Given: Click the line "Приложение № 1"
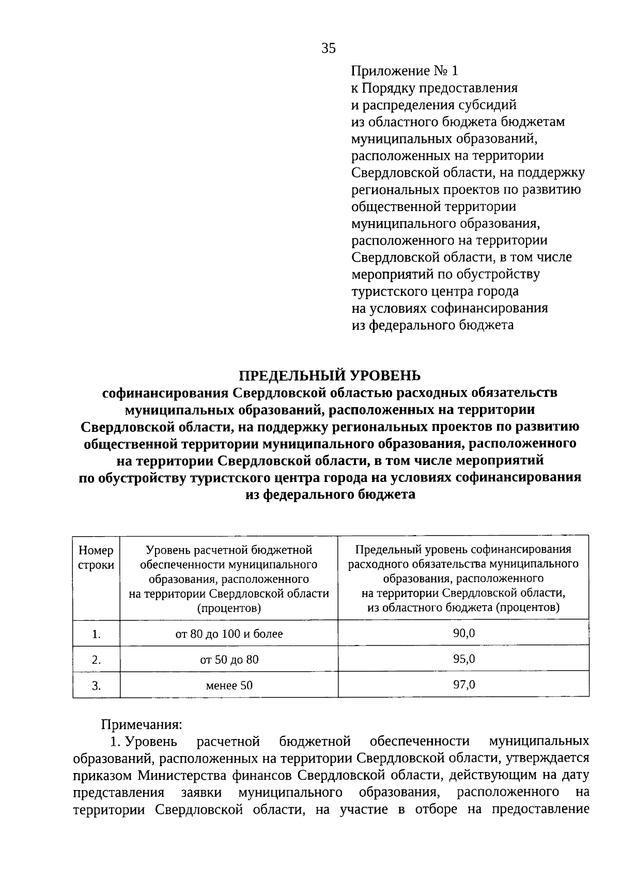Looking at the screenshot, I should (404, 71).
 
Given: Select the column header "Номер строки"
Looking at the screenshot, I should (96, 558).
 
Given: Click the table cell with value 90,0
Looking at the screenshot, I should (463, 633).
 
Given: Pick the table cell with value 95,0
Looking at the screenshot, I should (463, 659).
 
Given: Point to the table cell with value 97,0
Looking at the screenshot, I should (463, 685).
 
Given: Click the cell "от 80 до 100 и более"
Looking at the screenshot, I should (229, 634).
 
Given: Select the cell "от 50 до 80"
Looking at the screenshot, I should (229, 659).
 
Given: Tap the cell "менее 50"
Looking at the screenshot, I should (229, 685).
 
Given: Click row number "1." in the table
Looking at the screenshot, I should (96, 634).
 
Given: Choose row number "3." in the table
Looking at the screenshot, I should (96, 686).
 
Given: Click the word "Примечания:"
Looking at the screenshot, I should (141, 725).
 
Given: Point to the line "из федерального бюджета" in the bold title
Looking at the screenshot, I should (330, 494).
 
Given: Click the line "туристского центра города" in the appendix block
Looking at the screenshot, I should (435, 292).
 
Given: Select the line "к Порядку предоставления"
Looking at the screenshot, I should (434, 88).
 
